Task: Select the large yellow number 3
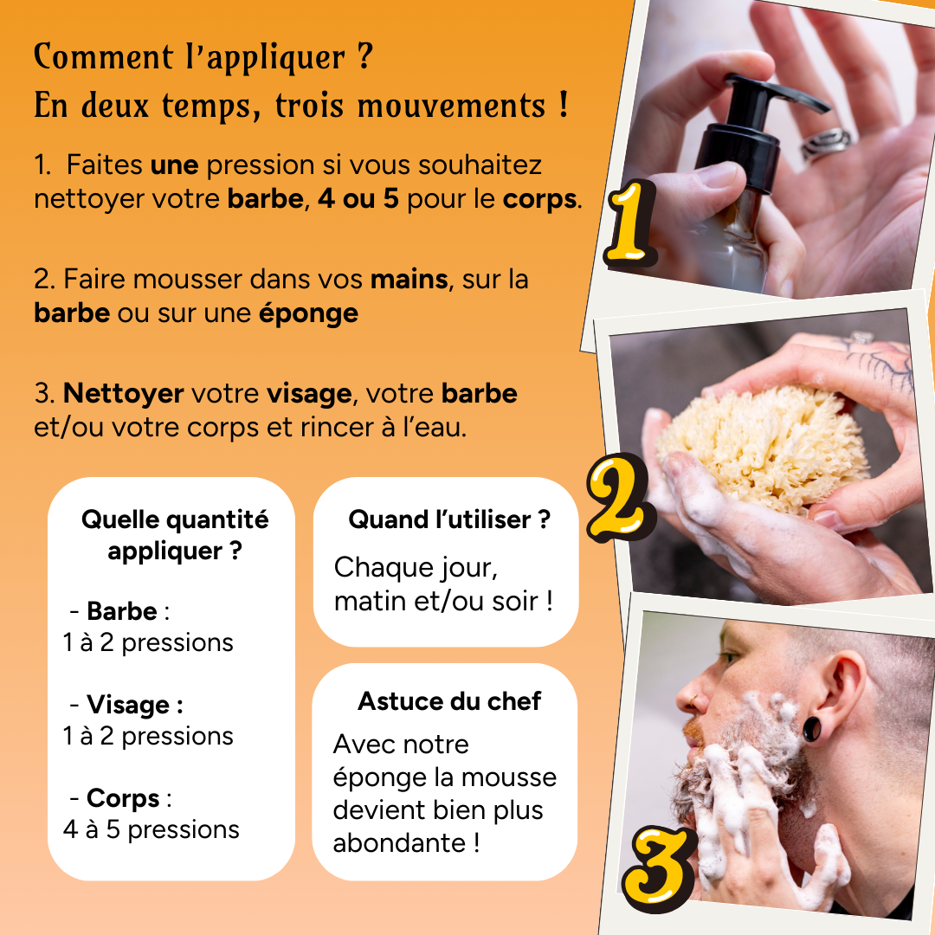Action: (661, 862)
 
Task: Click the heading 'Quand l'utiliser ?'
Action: (448, 519)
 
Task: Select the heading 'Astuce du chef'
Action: (448, 700)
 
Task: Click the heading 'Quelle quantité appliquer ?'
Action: (174, 535)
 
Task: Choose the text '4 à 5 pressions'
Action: (151, 829)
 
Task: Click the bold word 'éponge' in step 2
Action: (308, 313)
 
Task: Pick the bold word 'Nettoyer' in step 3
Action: (124, 394)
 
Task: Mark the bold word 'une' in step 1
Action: (174, 164)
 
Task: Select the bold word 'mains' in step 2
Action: (409, 280)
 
